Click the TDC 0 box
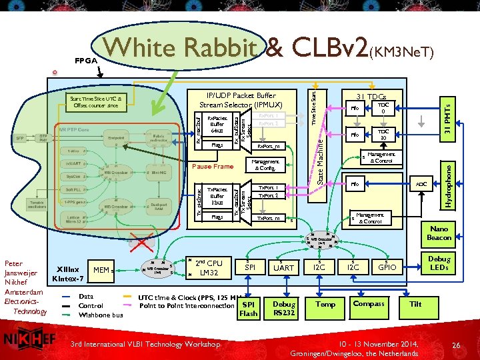click(x=383, y=109)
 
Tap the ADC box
click(x=421, y=183)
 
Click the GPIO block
click(x=387, y=267)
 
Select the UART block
click(x=284, y=267)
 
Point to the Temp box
click(x=325, y=304)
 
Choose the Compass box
click(x=369, y=304)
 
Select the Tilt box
click(x=415, y=304)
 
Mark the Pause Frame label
click(x=213, y=166)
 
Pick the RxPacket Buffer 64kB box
click(x=217, y=123)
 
